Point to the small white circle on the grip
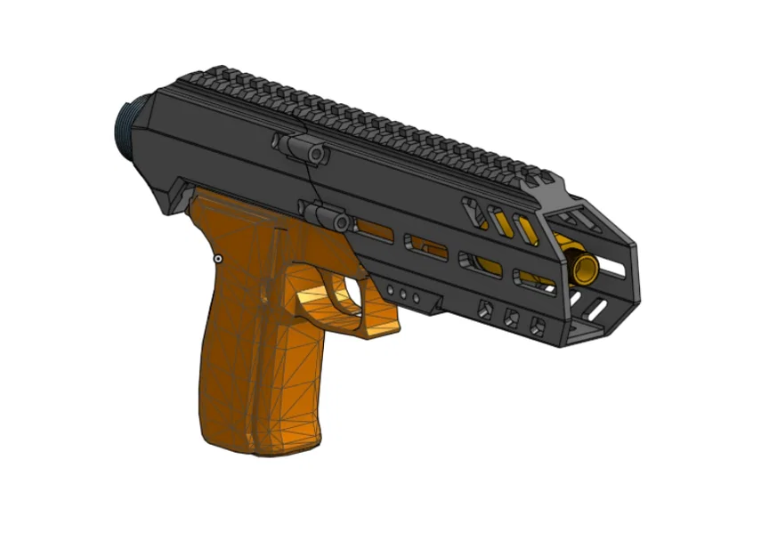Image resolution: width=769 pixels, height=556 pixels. click(x=217, y=259)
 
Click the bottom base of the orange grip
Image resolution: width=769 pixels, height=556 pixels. click(x=258, y=445)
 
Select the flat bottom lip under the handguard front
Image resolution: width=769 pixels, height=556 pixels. click(x=587, y=334)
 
